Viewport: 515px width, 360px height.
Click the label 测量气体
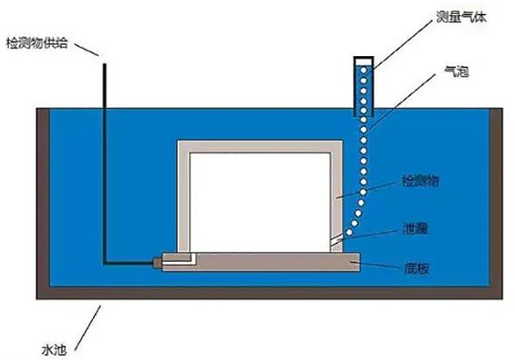[461, 17]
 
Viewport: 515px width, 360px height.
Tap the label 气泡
[456, 71]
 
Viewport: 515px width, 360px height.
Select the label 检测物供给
[37, 43]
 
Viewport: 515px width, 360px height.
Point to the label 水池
[54, 349]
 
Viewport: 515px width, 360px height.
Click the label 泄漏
[415, 229]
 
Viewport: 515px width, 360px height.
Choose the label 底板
[417, 269]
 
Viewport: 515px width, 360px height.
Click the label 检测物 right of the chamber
[421, 181]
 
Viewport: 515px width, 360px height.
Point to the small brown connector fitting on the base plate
[157, 263]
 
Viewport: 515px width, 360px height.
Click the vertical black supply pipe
[105, 163]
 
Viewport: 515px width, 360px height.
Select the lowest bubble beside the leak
[350, 233]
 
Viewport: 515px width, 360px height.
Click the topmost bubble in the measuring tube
[364, 70]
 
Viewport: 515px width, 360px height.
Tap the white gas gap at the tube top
[364, 61]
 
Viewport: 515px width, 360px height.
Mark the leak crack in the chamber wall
[336, 242]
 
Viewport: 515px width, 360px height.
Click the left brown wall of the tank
[43, 197]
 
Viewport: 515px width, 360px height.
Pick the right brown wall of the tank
[496, 197]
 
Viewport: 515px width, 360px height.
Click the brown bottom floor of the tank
[269, 292]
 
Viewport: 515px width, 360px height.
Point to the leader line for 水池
[87, 328]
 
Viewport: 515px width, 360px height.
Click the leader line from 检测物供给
[87, 49]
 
